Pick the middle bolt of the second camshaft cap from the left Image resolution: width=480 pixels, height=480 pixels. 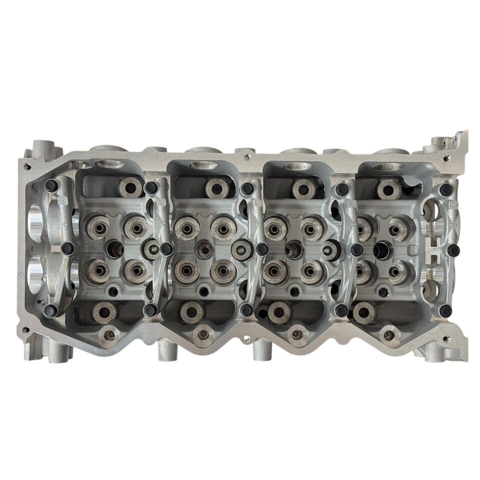pyautogui.click(x=165, y=248)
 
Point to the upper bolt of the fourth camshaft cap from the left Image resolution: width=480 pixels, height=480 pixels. pyautogui.click(x=341, y=189)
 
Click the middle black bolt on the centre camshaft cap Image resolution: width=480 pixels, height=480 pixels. pyautogui.click(x=261, y=248)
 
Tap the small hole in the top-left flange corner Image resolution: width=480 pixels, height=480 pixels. pyautogui.click(x=27, y=166)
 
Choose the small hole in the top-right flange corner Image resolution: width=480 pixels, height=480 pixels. pyautogui.click(x=446, y=158)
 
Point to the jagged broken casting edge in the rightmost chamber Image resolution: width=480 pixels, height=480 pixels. pyautogui.click(x=411, y=188)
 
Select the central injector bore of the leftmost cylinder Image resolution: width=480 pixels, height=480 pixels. pyautogui.click(x=114, y=248)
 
